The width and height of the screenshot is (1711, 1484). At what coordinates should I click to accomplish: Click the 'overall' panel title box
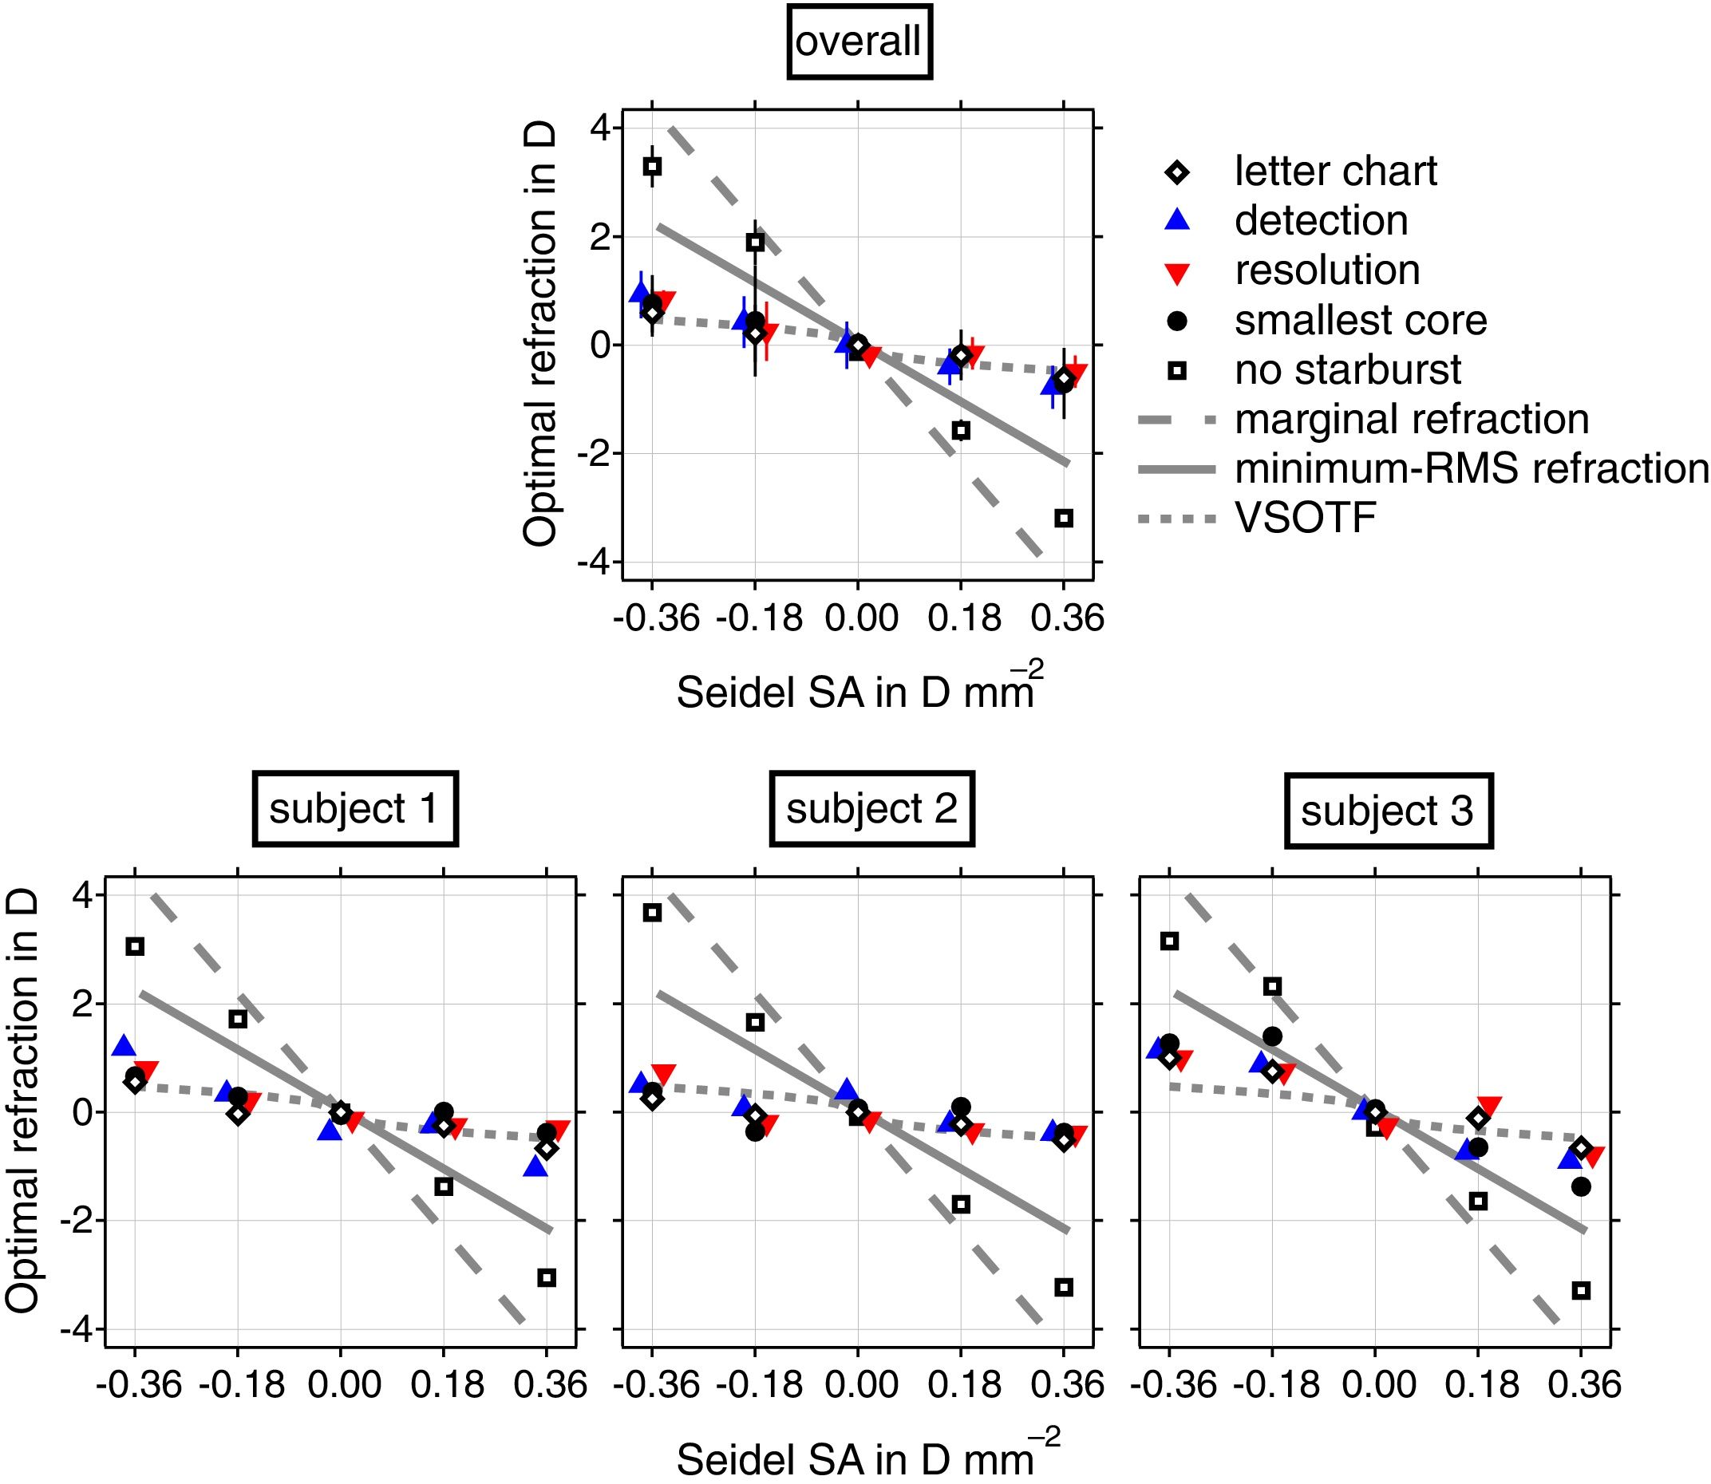[859, 41]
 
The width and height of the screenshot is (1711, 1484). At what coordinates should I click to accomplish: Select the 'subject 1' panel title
[354, 809]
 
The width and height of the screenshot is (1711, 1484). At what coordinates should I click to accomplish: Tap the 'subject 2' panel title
[871, 809]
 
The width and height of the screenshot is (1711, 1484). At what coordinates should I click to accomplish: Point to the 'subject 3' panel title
[1387, 811]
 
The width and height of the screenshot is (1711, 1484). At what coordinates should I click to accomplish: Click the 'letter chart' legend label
[1335, 172]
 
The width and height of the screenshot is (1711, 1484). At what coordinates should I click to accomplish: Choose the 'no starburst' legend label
[1347, 370]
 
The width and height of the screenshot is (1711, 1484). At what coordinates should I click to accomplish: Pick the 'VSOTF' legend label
[1306, 519]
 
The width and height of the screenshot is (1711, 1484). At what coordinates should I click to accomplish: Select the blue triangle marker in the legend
[1177, 220]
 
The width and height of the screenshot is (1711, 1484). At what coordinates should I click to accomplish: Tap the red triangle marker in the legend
[1177, 271]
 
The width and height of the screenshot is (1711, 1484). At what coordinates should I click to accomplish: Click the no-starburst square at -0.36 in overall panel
[652, 167]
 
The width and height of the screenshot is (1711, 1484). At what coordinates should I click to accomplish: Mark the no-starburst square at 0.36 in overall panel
[1065, 519]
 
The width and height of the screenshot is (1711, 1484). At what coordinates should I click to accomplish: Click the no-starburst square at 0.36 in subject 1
[547, 1278]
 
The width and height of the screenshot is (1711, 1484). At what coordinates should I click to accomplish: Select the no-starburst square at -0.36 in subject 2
[652, 913]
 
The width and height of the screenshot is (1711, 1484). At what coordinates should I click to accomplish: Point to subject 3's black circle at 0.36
[1581, 1186]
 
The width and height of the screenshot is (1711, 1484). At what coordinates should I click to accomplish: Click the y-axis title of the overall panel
[539, 335]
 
